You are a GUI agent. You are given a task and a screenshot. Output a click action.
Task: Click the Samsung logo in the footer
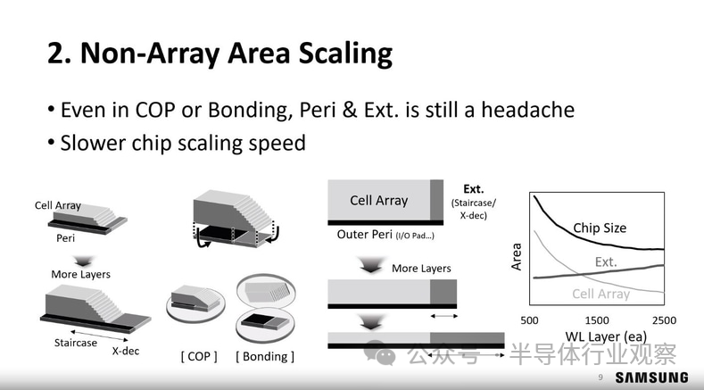pos(651,378)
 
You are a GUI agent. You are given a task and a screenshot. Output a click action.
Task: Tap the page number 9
pos(600,378)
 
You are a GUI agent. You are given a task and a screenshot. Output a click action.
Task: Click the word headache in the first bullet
pos(527,110)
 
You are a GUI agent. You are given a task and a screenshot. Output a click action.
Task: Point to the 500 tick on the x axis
pos(529,320)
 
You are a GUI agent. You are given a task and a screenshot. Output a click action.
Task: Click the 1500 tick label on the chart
pos(597,320)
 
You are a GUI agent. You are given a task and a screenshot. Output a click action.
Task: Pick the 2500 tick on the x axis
pos(664,320)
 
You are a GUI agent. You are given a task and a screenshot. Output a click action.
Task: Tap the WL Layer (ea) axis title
pos(606,336)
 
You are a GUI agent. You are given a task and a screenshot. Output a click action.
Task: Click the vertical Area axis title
pos(517,256)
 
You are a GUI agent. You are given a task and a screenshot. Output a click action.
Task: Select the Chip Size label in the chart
pos(600,228)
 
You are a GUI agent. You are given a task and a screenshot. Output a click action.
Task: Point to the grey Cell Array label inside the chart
pos(600,294)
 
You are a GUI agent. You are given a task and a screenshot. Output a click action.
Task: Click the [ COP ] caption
pos(199,357)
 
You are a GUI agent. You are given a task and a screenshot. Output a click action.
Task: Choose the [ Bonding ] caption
pos(265,357)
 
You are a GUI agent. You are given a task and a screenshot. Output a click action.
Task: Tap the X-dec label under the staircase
pos(125,351)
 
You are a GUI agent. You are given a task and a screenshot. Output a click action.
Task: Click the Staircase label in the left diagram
pos(76,343)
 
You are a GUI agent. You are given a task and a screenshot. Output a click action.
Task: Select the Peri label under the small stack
pos(65,238)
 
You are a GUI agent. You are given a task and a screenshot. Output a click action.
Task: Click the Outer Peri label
pos(365,235)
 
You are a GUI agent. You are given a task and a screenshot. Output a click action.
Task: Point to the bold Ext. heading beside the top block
pos(473,189)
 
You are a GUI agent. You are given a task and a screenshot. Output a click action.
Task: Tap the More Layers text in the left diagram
pos(81,275)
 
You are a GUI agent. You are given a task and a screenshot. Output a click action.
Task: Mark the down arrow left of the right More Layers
pos(370,265)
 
